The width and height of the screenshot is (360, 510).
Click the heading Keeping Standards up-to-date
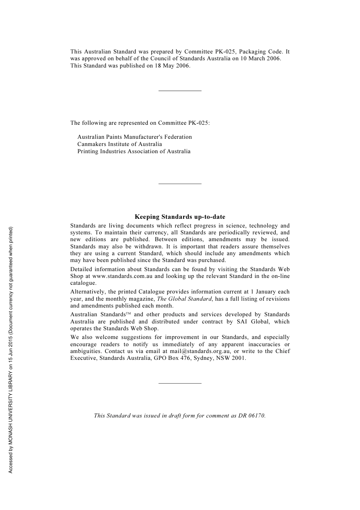pyautogui.click(x=180, y=217)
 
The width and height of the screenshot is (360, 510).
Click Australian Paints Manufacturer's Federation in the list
pyautogui.click(x=135, y=137)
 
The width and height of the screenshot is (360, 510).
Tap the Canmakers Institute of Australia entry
pyautogui.click(x=119, y=144)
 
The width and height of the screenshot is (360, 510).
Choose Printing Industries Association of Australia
pyautogui.click(x=134, y=151)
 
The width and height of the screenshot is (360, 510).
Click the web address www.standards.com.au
pyautogui.click(x=122, y=276)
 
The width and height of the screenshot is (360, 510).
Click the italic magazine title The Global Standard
pyautogui.click(x=184, y=299)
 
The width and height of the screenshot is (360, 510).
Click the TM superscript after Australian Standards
pyautogui.click(x=128, y=314)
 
